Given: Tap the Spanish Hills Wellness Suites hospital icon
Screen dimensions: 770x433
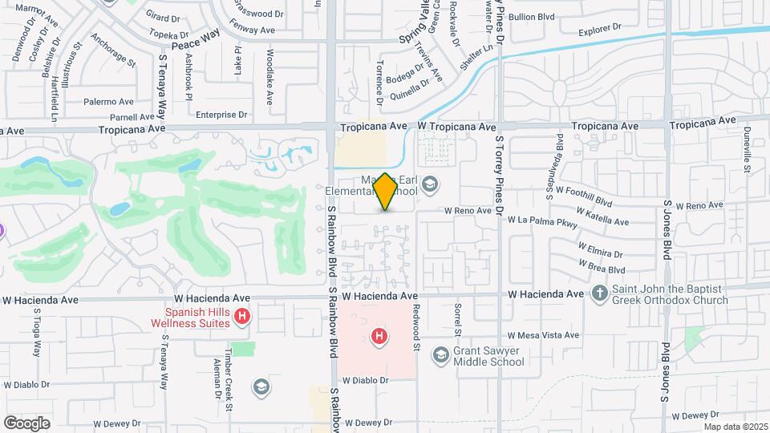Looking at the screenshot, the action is [x=242, y=318].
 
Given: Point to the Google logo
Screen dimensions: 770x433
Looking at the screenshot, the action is [x=27, y=423].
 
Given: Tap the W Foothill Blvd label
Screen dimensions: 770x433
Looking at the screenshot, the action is [x=583, y=197].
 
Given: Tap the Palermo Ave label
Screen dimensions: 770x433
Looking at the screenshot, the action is [x=109, y=102].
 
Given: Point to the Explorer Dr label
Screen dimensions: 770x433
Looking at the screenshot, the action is [x=601, y=30].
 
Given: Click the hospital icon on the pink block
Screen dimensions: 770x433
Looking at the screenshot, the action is [x=378, y=336].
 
